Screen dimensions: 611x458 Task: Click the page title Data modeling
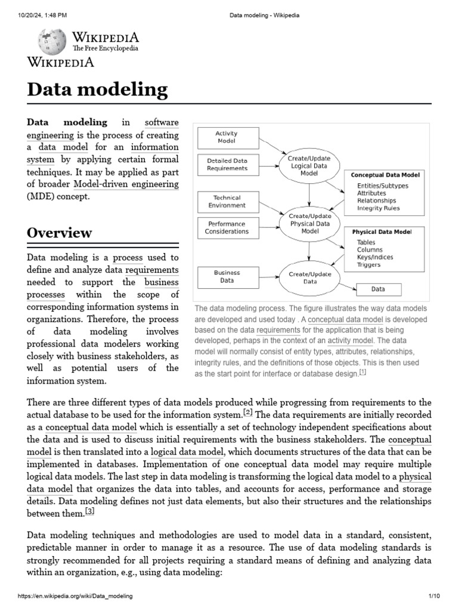click(97, 90)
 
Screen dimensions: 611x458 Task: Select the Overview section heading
click(59, 232)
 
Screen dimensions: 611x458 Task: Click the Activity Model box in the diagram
click(226, 138)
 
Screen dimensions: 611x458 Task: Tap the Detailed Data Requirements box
click(227, 164)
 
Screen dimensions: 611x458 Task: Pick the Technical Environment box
click(227, 201)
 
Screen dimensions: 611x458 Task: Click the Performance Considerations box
click(227, 227)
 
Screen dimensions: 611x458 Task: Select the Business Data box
click(227, 276)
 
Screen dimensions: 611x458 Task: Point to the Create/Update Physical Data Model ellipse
click(310, 223)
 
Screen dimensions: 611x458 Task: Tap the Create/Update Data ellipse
click(310, 277)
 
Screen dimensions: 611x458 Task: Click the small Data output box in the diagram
click(379, 289)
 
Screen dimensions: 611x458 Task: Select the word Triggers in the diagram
click(369, 264)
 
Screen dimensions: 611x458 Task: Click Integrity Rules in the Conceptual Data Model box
click(378, 208)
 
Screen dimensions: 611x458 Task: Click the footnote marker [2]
click(248, 412)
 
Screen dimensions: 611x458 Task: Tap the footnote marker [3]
click(89, 511)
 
